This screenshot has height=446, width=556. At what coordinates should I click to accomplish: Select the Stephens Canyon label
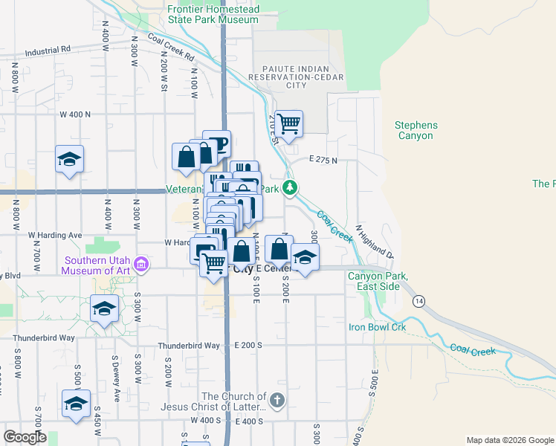[416, 131]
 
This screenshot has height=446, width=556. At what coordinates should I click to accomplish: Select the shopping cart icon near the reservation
[288, 123]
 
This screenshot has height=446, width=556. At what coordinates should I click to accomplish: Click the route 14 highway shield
[418, 300]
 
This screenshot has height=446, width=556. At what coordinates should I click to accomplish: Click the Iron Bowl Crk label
[378, 327]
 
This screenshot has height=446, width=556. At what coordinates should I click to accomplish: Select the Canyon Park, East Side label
[378, 282]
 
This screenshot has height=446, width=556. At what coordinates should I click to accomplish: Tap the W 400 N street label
[75, 114]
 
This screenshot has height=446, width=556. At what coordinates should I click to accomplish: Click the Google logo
[25, 437]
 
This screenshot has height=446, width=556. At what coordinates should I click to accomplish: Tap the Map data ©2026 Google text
[509, 440]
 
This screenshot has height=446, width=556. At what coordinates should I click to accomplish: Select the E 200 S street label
[248, 346]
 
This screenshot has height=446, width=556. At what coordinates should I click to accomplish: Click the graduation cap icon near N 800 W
[69, 159]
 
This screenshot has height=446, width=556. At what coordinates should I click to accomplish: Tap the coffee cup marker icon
[217, 143]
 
